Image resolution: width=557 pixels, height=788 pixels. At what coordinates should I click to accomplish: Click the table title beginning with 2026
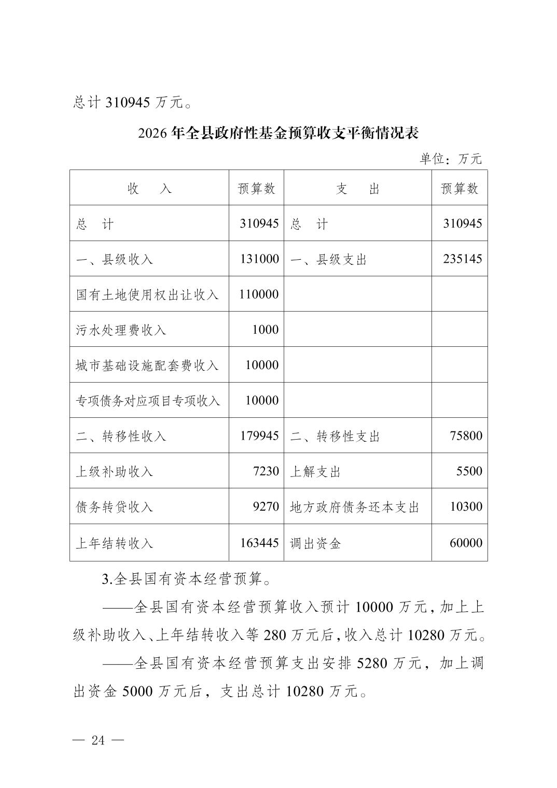[278, 133]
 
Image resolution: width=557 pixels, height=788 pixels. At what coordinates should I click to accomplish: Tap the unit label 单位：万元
[451, 159]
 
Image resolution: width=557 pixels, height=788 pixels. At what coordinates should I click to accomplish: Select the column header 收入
[149, 189]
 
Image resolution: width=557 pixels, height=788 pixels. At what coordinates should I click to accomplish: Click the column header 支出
[357, 189]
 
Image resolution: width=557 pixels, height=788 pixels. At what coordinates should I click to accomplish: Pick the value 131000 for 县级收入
[259, 259]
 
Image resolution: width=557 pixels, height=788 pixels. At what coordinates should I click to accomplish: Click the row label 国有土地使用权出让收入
[148, 294]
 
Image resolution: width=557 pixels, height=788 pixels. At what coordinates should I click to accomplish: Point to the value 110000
[259, 294]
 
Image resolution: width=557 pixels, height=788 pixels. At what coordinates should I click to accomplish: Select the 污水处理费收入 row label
[121, 330]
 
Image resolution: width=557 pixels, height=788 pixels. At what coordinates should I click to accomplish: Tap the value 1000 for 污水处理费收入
[265, 330]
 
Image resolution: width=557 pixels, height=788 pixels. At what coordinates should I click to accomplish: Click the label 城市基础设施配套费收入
[148, 365]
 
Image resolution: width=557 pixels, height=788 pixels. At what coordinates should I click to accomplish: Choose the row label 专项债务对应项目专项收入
[148, 400]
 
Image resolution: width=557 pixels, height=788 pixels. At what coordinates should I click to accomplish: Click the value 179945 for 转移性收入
[259, 435]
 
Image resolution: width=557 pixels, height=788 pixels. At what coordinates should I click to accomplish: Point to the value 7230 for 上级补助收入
[266, 471]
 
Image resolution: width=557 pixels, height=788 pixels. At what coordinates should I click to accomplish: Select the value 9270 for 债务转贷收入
[266, 506]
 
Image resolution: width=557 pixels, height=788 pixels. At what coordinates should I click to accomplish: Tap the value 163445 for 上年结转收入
[259, 543]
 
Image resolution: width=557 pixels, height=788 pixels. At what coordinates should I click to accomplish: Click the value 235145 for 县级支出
[462, 259]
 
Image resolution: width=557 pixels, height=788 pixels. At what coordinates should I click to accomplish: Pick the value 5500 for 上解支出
[469, 471]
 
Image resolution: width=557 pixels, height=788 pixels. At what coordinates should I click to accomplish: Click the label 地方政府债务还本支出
[354, 506]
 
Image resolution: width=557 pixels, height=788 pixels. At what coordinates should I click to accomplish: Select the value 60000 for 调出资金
[466, 543]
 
